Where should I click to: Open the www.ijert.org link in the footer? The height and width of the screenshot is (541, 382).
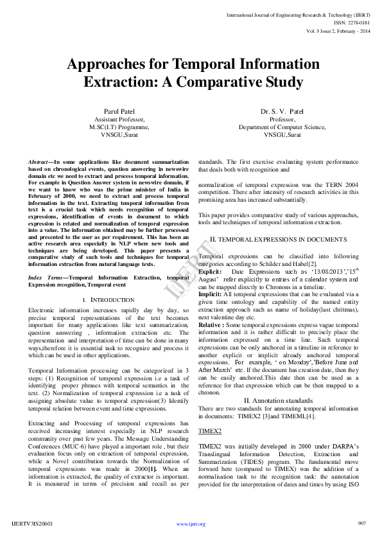pyautogui.click(x=191, y=524)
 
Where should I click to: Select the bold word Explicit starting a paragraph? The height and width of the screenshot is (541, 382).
pyautogui.click(x=209, y=272)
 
